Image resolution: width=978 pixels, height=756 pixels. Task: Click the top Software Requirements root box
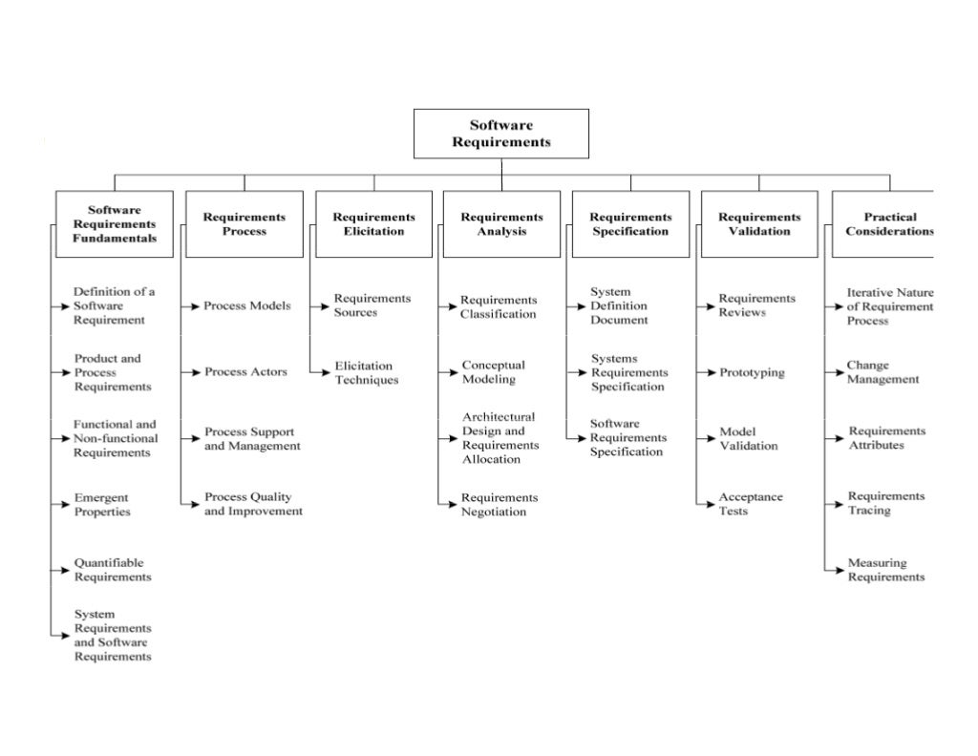pyautogui.click(x=500, y=134)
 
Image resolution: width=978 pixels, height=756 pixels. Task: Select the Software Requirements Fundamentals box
pyautogui.click(x=115, y=224)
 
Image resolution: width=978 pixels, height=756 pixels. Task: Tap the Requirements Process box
pyautogui.click(x=244, y=224)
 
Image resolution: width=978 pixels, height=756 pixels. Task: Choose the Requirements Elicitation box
pyautogui.click(x=374, y=224)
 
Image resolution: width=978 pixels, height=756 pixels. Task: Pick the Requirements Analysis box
pyautogui.click(x=501, y=224)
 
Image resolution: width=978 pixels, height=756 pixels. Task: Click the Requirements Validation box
pyautogui.click(x=759, y=224)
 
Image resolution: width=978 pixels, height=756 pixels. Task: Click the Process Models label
pyautogui.click(x=247, y=306)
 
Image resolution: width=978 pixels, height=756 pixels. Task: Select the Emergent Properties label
pyautogui.click(x=103, y=505)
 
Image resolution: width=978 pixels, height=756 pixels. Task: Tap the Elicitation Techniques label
pyautogui.click(x=367, y=372)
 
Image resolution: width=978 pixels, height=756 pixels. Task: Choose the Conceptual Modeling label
pyautogui.click(x=494, y=372)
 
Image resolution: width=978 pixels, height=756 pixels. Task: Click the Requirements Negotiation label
pyautogui.click(x=500, y=505)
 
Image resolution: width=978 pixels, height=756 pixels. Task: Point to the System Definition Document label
pyautogui.click(x=619, y=306)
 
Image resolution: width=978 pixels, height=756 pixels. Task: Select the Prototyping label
pyautogui.click(x=752, y=372)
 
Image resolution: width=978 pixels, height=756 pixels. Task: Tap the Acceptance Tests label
pyautogui.click(x=751, y=504)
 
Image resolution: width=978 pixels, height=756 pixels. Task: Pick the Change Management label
pyautogui.click(x=882, y=372)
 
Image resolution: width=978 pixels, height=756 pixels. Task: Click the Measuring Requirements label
pyautogui.click(x=886, y=570)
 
